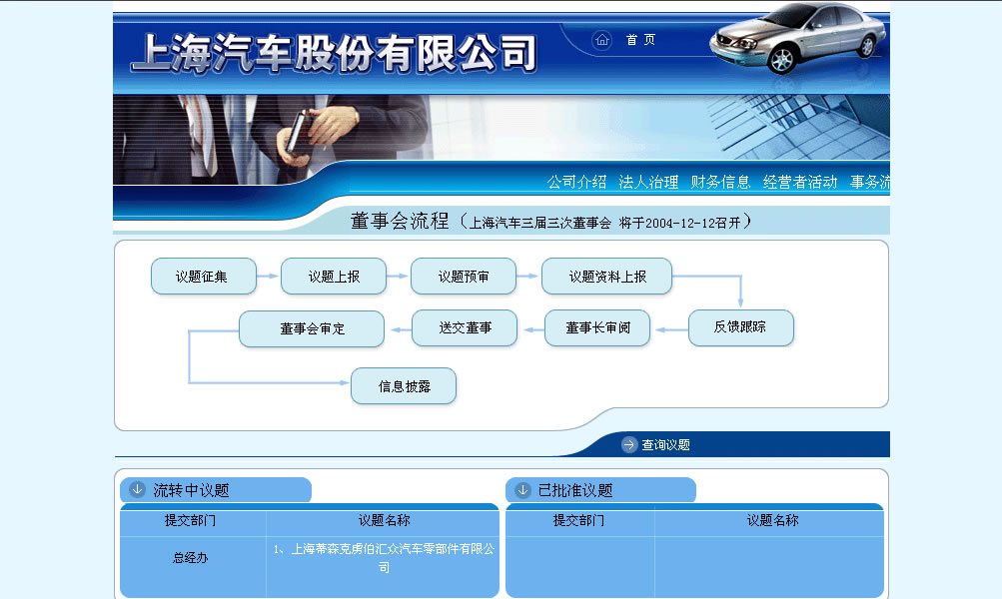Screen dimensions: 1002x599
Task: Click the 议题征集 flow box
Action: [203, 277]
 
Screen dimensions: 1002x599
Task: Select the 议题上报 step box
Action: [334, 277]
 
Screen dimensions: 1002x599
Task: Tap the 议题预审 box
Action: [464, 277]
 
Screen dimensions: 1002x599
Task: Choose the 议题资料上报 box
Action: [607, 277]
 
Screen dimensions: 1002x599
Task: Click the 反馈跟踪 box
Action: [740, 327]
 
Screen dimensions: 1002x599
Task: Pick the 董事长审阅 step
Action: [597, 328]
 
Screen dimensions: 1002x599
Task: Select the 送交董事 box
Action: [465, 328]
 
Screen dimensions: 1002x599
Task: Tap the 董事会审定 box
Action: [312, 328]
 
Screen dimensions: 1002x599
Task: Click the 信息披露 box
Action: [404, 386]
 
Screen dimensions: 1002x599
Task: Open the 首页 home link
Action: [640, 40]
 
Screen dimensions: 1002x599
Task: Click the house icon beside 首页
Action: [602, 40]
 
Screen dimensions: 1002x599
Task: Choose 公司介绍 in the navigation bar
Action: [576, 182]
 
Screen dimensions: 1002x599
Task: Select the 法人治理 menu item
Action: [648, 182]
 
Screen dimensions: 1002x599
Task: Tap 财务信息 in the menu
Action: [721, 182]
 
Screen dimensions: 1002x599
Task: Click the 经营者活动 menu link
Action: [800, 182]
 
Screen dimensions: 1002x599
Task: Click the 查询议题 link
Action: [666, 444]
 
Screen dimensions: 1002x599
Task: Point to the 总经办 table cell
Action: [191, 557]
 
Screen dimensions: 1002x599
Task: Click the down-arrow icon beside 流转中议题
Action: [138, 489]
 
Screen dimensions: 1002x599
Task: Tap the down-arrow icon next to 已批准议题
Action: [522, 490]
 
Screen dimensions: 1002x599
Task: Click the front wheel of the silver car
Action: [782, 60]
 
